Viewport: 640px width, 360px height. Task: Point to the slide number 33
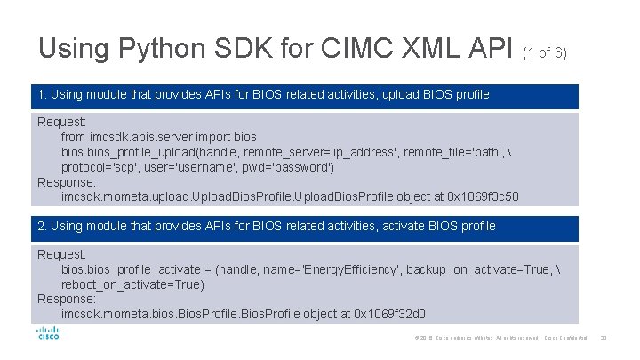click(x=604, y=337)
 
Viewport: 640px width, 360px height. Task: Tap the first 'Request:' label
click(x=61, y=122)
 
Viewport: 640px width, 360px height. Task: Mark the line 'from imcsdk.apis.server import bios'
click(x=158, y=137)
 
